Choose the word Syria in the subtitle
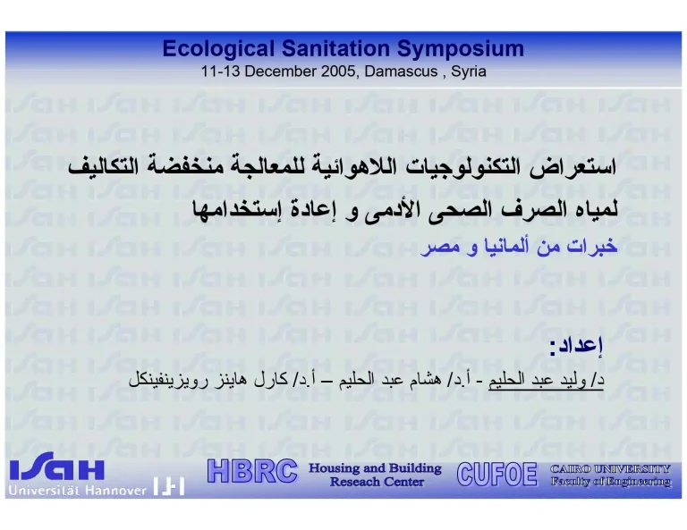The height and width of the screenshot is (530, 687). coord(469,72)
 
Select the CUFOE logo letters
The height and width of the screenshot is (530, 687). coord(496,473)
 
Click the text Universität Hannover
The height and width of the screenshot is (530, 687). coord(78,490)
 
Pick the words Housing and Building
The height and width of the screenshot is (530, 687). coord(375,468)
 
